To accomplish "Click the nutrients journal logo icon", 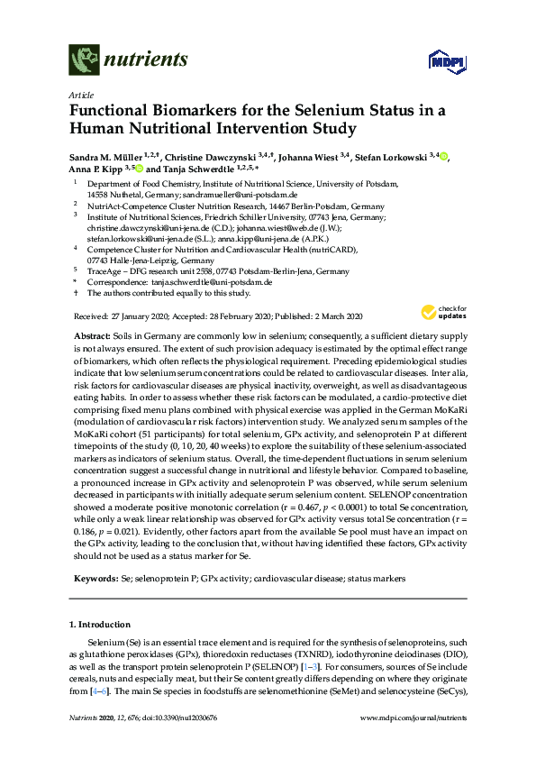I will [x=85, y=59].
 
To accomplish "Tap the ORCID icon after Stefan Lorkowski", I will [x=444, y=156].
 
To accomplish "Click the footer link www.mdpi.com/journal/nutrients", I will [x=413, y=743].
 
